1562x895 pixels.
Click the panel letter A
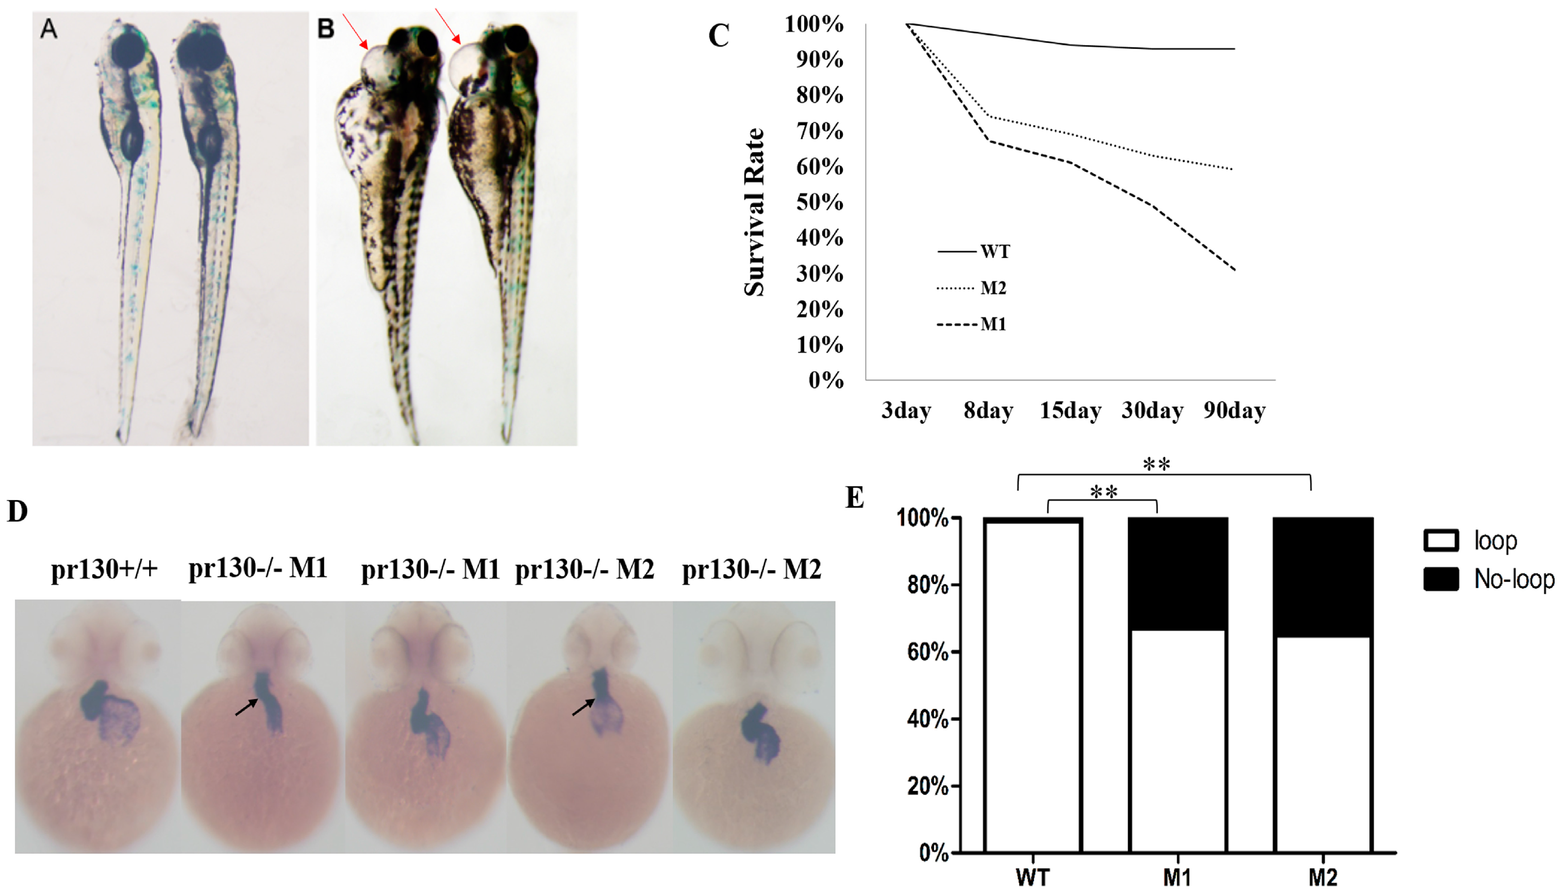(48, 29)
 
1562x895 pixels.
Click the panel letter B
(326, 29)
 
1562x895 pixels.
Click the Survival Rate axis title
(755, 212)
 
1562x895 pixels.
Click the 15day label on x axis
(1070, 410)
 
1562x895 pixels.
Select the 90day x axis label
(1234, 410)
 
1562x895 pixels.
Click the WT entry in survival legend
(995, 251)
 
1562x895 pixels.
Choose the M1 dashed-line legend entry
(993, 324)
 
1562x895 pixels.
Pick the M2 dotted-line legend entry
(993, 288)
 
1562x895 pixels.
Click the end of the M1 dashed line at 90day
(1234, 269)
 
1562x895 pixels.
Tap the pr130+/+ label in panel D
(104, 569)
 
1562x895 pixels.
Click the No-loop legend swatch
(1441, 579)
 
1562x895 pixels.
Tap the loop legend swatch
(1441, 540)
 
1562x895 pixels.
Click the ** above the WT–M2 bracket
(1156, 465)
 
